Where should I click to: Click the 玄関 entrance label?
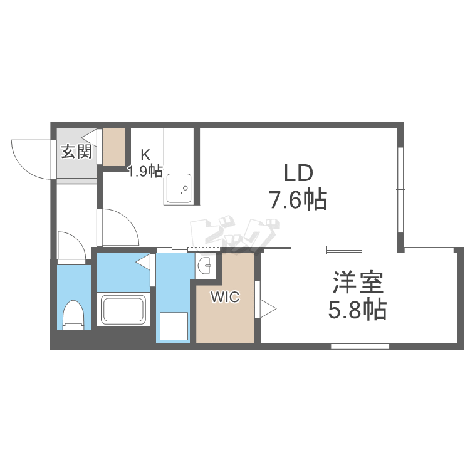pos(76,152)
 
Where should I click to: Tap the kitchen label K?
pos(145,155)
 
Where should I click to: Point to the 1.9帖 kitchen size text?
pos(145,171)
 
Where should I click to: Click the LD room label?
pos(298,173)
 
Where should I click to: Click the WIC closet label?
pos(225,297)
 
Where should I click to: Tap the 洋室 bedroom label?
pos(358,282)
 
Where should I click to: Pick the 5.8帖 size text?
pos(357,310)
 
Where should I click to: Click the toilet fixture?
pos(73,315)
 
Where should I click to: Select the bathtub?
pos(123,309)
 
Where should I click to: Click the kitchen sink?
pos(179,188)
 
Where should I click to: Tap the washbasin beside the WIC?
pos(205,265)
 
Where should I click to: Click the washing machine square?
pos(174,326)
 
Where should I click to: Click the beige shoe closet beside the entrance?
pos(114,147)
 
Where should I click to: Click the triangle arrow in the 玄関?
pos(90,138)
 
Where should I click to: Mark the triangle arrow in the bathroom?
pos(144,263)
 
